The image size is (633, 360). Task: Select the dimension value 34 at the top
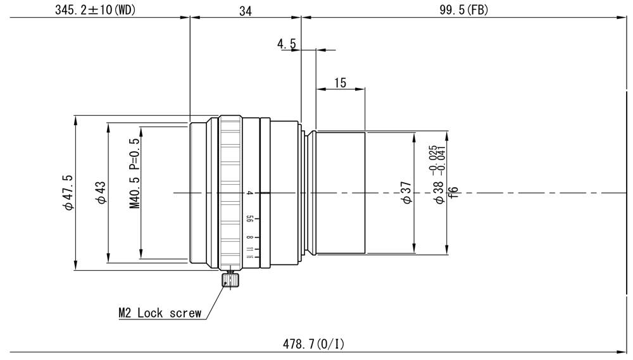(x=245, y=9)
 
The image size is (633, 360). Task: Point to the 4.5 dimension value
(x=287, y=44)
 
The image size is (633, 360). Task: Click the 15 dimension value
(x=340, y=82)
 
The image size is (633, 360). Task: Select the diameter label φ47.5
(x=66, y=192)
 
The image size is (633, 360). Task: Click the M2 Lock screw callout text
(x=160, y=313)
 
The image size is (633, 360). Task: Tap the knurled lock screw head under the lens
(x=230, y=279)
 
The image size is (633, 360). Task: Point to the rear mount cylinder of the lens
(x=340, y=192)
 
